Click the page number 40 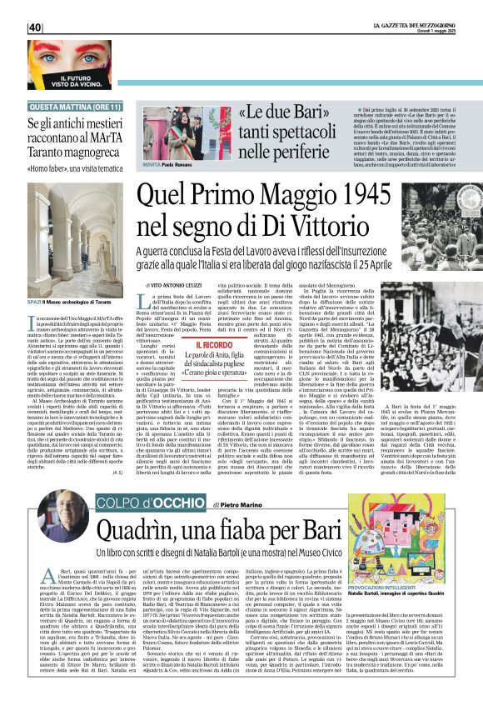[x=34, y=28]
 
